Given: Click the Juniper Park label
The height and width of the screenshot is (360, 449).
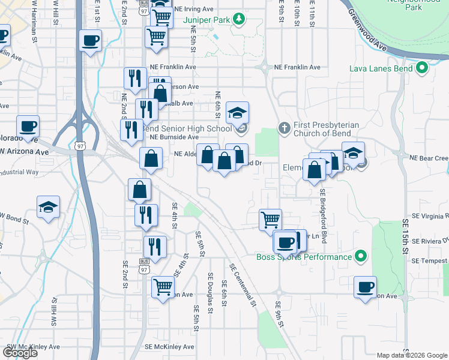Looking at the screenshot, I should (206, 19).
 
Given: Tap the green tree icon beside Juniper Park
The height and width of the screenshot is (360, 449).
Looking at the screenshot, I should (239, 19).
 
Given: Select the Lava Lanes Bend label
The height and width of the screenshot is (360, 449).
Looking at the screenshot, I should (381, 68).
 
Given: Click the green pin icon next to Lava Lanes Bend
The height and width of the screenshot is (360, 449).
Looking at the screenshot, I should (422, 68).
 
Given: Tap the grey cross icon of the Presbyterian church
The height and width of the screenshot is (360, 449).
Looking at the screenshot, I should (285, 127).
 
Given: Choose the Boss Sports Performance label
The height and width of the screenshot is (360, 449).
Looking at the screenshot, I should (304, 257).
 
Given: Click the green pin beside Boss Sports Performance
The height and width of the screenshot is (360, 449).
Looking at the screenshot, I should (361, 257).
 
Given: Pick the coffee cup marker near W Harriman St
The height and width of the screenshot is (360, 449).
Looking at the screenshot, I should (91, 41).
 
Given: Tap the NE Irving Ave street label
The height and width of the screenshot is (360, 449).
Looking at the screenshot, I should (193, 10).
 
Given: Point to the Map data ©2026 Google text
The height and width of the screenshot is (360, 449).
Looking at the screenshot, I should (411, 355).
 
